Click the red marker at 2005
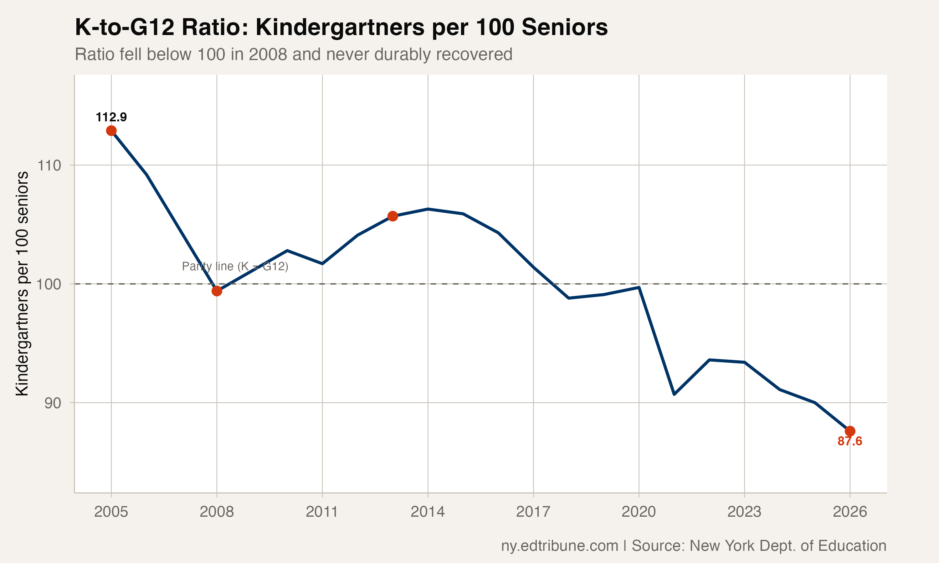(111, 131)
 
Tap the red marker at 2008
(217, 291)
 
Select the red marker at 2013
(393, 216)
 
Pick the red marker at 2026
(850, 431)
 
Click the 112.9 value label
(111, 117)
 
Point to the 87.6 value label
(850, 441)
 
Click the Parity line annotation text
(235, 266)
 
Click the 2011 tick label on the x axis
(322, 512)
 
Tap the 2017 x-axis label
(533, 512)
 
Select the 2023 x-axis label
(744, 512)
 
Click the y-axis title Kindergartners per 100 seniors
(22, 284)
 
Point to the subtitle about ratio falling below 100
(293, 54)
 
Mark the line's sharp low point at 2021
(674, 394)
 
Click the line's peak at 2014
(428, 209)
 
